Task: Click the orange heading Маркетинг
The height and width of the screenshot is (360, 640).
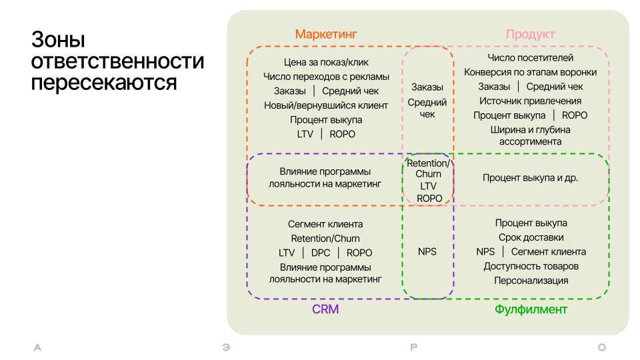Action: (326, 34)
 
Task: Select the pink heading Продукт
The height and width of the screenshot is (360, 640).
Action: (530, 34)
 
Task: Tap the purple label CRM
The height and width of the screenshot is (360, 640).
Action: (325, 309)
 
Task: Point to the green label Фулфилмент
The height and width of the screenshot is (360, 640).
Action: (531, 309)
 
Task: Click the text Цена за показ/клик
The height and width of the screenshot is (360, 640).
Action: (326, 62)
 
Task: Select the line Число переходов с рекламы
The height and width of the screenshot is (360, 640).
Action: (326, 76)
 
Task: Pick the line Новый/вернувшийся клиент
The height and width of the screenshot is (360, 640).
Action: (326, 105)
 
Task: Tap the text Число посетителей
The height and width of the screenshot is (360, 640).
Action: (530, 57)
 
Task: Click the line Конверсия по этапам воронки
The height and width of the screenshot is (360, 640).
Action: (530, 72)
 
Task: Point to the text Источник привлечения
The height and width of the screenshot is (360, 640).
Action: (530, 101)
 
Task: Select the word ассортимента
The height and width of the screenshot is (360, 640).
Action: (530, 141)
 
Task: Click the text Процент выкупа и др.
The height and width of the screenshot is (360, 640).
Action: (530, 178)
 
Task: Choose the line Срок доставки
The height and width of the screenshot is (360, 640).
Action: (531, 237)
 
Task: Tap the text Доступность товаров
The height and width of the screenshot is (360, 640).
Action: (531, 266)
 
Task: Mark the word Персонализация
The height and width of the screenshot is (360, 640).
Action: (531, 281)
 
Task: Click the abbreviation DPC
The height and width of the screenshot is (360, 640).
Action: (321, 253)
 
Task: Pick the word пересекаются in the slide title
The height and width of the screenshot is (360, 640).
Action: (104, 83)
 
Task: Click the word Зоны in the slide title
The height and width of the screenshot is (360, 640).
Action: (58, 39)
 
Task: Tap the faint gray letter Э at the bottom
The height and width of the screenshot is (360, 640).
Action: (226, 347)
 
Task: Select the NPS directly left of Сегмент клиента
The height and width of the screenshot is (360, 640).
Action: (485, 252)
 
